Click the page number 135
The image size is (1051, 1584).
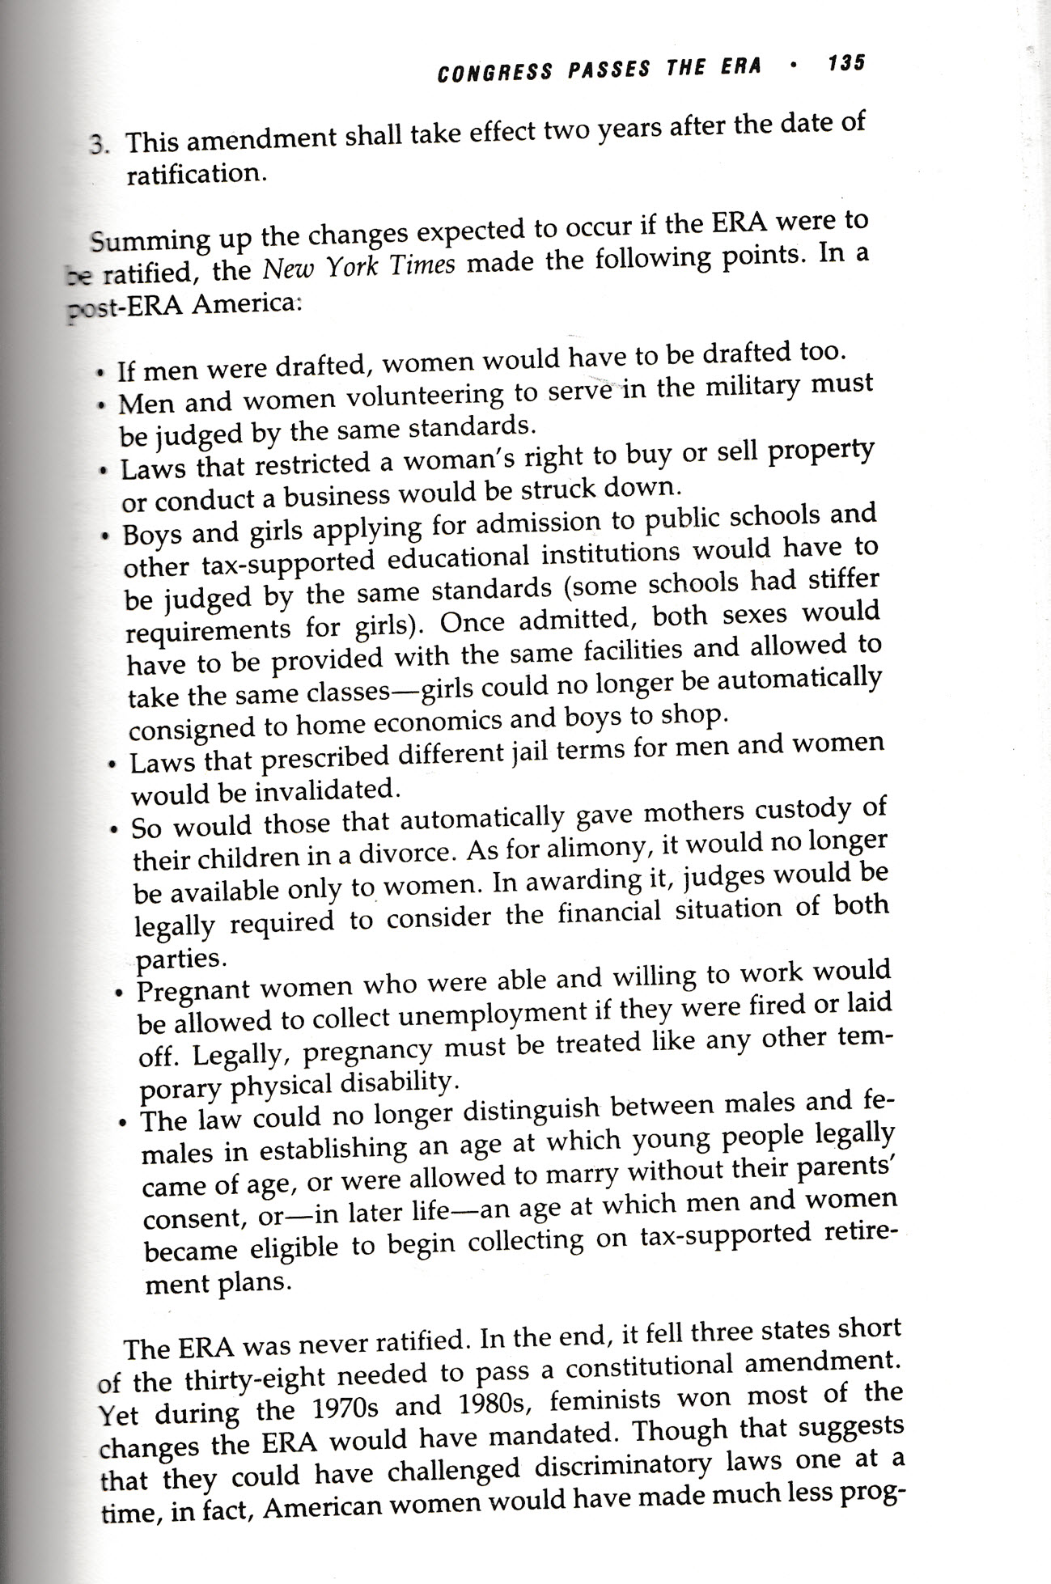click(846, 63)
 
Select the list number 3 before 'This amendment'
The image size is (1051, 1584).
click(98, 146)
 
